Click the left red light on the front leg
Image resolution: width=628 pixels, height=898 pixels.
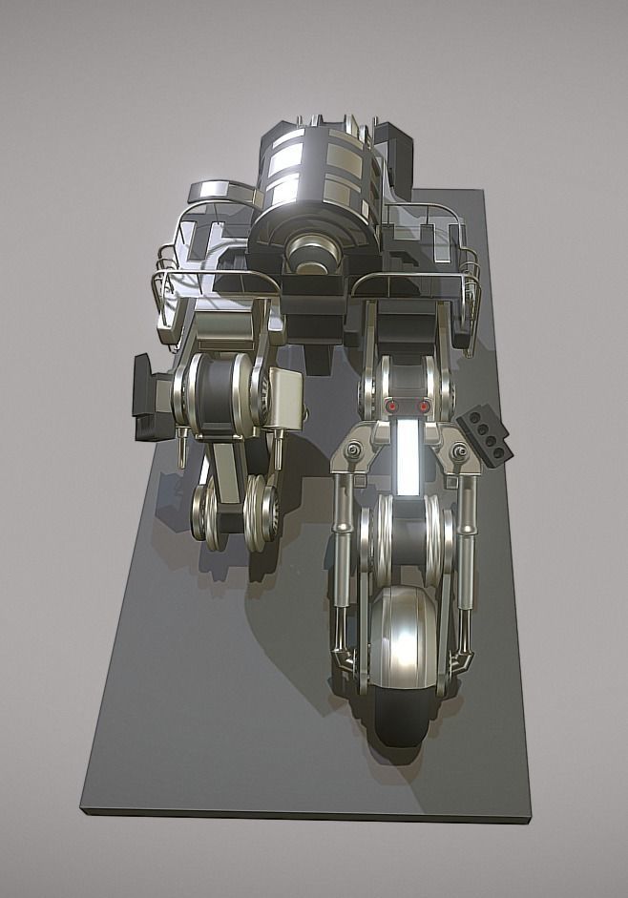(391, 407)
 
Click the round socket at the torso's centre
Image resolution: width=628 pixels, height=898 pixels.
(312, 252)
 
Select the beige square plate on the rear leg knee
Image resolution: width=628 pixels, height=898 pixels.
(285, 394)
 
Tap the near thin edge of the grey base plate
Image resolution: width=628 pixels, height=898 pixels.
(305, 813)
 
